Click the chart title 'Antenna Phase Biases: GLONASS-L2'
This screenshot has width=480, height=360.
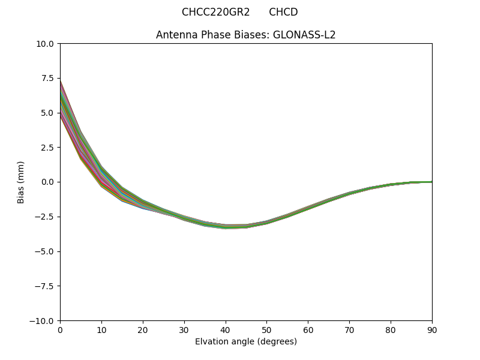pos(245,35)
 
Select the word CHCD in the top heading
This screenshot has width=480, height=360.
pos(283,12)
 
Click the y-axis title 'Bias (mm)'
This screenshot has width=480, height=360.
pos(21,182)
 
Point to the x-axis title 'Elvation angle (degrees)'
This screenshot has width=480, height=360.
pos(245,341)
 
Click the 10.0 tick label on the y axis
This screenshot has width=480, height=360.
pos(44,44)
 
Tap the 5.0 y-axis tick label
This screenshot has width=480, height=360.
pos(47,113)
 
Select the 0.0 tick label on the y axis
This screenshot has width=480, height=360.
pos(47,182)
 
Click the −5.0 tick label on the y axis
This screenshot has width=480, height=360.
pos(44,251)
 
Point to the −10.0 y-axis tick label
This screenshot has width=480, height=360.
pos(41,320)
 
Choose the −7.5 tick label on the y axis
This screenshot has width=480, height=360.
pos(44,286)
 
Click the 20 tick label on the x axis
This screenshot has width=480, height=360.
pos(143,329)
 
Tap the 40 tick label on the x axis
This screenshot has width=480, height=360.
pos(225,329)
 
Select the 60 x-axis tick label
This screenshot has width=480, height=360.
pos(308,329)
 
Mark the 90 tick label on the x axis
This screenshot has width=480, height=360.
pos(431,329)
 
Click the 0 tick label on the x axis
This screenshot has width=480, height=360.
pos(60,329)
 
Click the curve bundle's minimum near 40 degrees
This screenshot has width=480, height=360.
pos(226,227)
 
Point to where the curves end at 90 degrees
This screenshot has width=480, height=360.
pos(431,182)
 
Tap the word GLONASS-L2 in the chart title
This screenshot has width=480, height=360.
pos(304,35)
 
